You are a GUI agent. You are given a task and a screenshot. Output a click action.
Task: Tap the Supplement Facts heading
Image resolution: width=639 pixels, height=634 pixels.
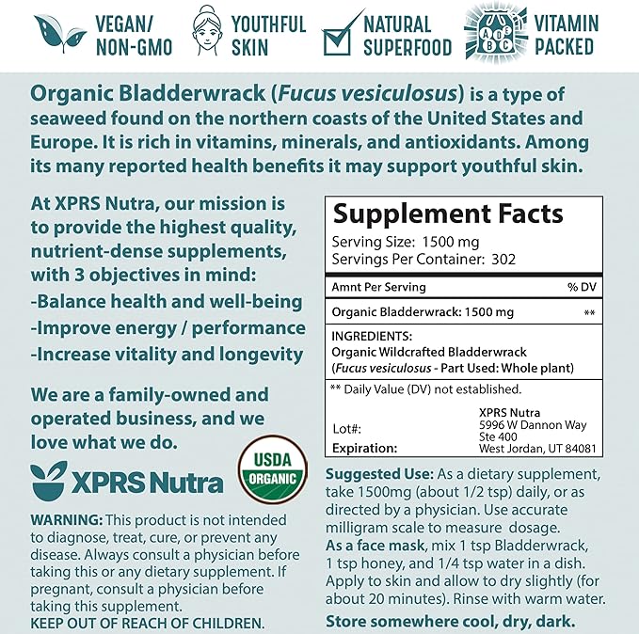(448, 215)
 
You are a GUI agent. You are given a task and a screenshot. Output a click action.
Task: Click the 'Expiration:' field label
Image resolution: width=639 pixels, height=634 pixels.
(366, 449)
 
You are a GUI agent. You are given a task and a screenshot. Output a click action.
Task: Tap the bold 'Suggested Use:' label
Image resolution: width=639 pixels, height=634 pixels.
(378, 474)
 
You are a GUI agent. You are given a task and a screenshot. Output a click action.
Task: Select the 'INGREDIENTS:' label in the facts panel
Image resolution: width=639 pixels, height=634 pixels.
(372, 334)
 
